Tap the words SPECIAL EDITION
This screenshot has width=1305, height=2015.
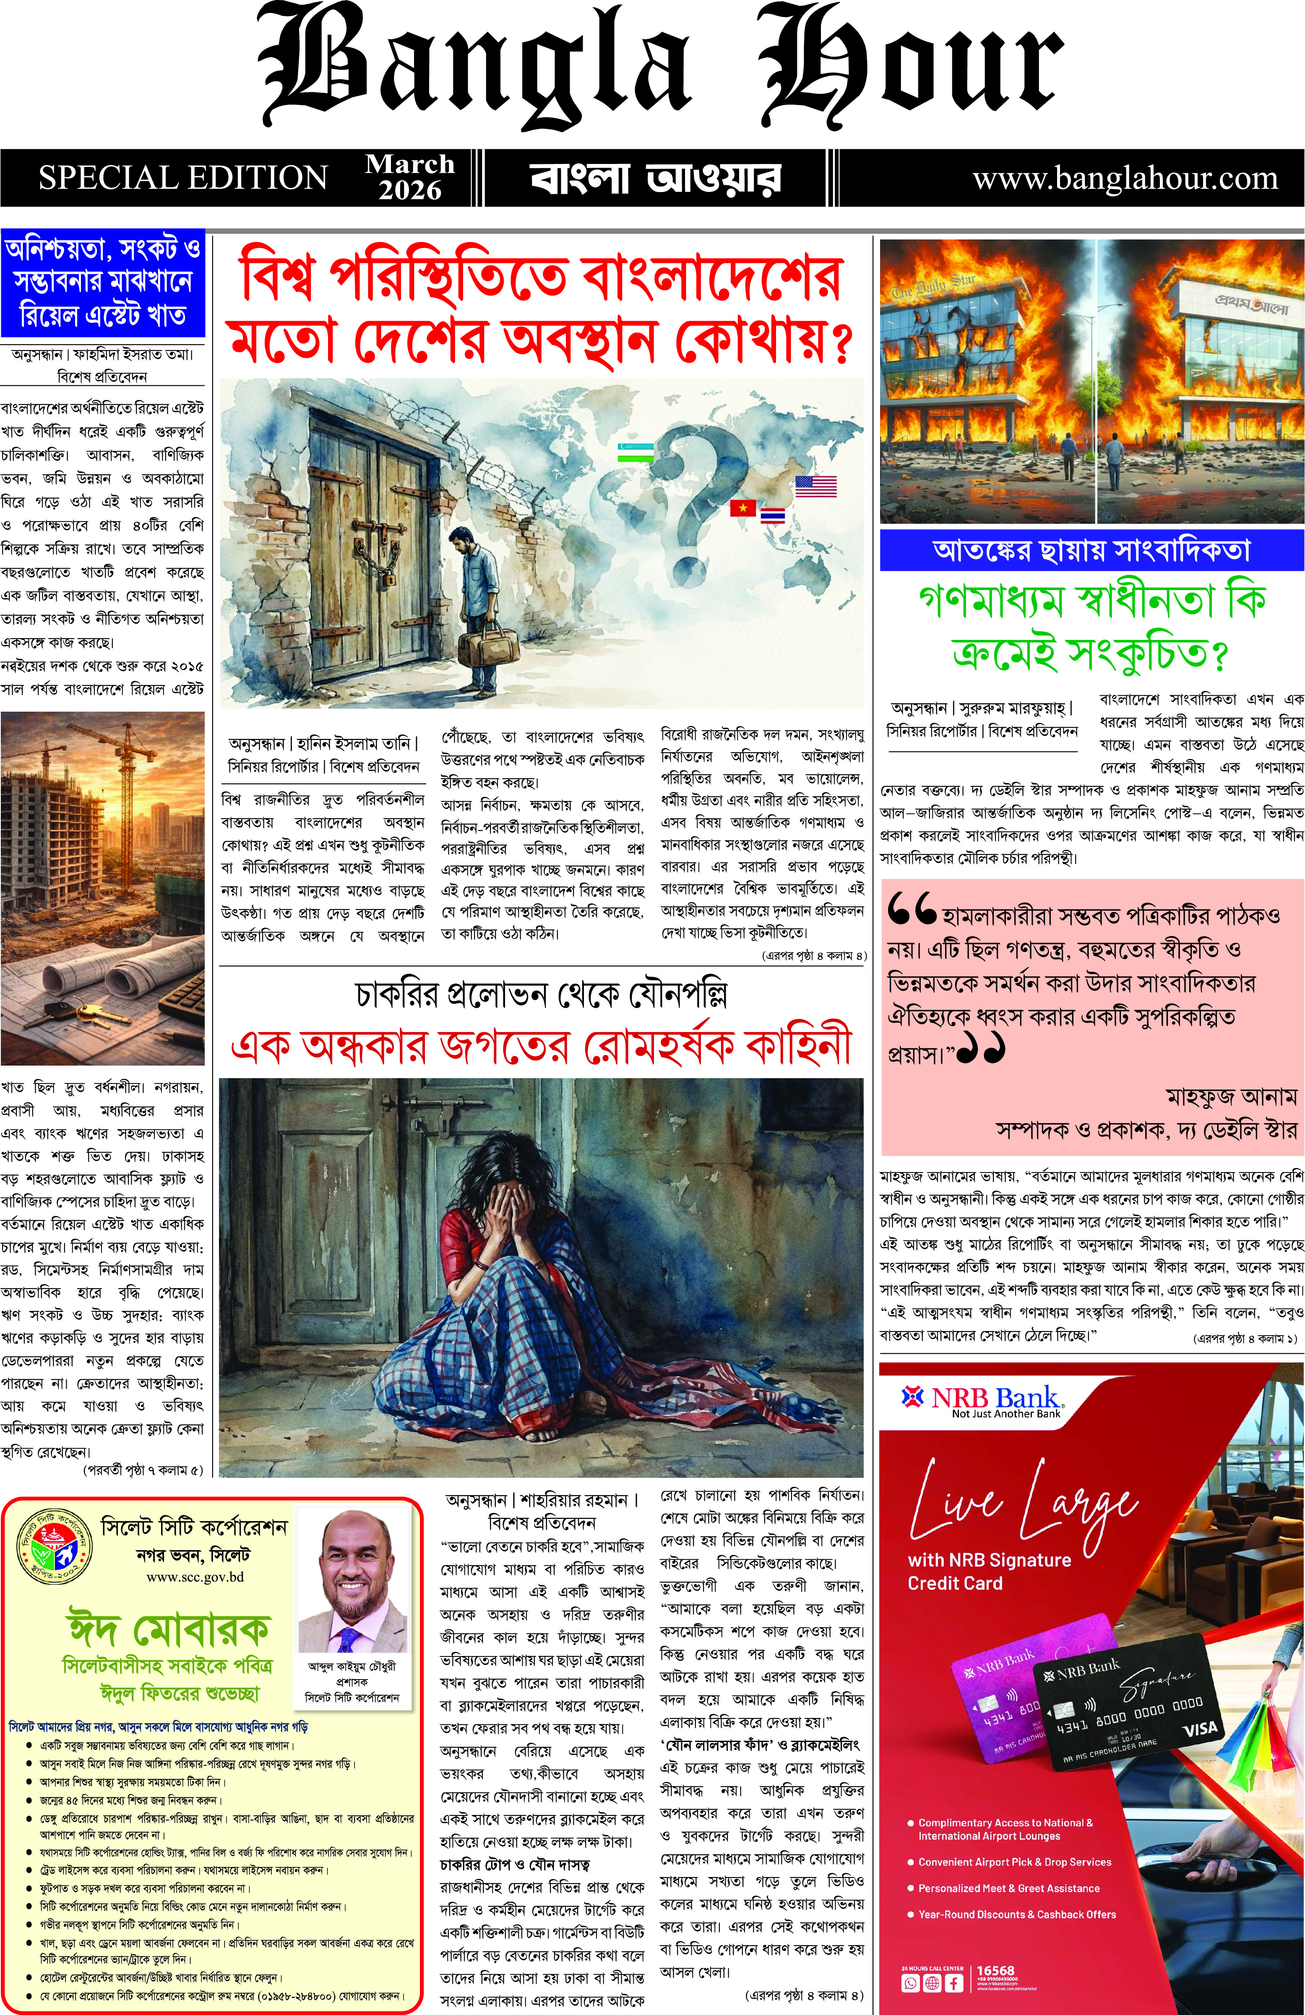coord(183,178)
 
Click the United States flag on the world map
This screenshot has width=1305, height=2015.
coord(815,486)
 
